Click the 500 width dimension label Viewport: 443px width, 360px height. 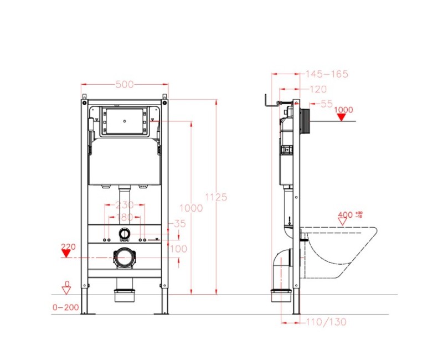125,85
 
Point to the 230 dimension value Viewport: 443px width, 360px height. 125,205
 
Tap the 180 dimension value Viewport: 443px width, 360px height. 125,217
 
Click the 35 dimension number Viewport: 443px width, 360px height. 180,224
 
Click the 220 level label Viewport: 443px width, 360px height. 68,246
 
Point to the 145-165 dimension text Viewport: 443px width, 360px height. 327,74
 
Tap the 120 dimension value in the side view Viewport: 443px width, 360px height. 317,89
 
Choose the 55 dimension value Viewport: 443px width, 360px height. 327,104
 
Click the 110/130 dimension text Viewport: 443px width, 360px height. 327,321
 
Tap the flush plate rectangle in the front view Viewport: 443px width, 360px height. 125,121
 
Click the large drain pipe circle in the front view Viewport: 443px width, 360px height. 125,258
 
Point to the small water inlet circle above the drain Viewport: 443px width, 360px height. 125,234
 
